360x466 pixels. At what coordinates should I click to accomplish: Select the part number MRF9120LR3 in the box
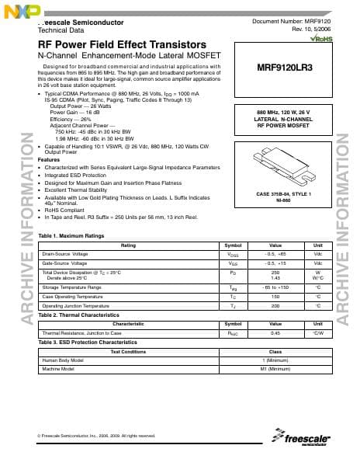(284, 68)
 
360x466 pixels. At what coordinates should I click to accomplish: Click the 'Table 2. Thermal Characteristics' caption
(81, 316)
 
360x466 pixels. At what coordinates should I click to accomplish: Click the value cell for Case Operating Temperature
(275, 297)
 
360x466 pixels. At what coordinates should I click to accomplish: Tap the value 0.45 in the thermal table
(275, 332)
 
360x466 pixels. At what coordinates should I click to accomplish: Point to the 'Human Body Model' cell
(63, 360)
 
